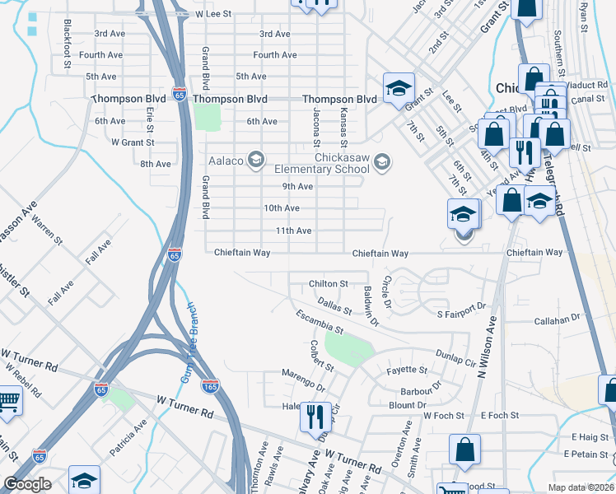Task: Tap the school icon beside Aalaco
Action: (255, 159)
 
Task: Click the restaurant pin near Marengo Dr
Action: (315, 417)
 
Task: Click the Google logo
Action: (27, 485)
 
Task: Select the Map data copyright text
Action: (581, 487)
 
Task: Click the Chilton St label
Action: (329, 284)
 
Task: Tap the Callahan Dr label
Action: (558, 319)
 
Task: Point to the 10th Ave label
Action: (281, 208)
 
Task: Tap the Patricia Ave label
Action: (128, 437)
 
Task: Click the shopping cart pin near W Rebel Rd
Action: (8, 402)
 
